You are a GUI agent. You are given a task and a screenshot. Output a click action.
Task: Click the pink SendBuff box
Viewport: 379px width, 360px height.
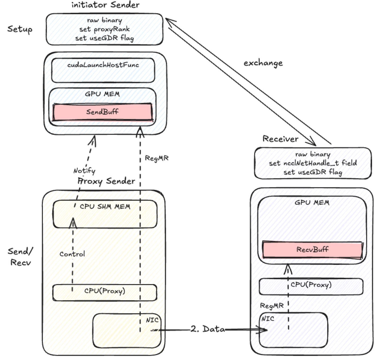click(x=102, y=112)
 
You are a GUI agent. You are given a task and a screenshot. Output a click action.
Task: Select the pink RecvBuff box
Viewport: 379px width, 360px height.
click(x=312, y=250)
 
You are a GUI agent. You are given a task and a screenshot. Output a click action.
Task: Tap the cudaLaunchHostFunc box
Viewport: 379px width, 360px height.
click(x=103, y=70)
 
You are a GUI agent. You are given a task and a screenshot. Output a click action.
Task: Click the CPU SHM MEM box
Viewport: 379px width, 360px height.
click(x=105, y=214)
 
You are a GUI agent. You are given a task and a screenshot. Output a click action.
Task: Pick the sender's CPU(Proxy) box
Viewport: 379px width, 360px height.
click(x=105, y=292)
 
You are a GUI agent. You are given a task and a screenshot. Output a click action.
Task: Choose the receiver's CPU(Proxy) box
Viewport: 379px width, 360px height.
click(x=311, y=286)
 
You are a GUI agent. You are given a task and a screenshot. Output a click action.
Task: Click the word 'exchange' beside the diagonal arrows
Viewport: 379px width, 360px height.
click(x=263, y=63)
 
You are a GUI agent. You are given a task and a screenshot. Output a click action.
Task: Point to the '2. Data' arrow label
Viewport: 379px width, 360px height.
click(x=208, y=329)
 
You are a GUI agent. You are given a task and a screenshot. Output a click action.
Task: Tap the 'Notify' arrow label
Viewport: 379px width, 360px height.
click(x=84, y=171)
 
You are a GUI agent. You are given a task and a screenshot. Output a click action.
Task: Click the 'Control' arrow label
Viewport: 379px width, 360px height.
click(x=72, y=254)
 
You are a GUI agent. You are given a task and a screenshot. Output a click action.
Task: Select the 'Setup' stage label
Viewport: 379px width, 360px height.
click(x=20, y=29)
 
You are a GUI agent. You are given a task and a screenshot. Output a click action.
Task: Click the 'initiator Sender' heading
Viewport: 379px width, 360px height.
click(x=105, y=5)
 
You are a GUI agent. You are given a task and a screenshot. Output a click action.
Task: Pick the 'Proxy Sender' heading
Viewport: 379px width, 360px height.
click(x=106, y=181)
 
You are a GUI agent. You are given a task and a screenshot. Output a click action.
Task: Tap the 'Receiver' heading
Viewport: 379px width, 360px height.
click(x=280, y=139)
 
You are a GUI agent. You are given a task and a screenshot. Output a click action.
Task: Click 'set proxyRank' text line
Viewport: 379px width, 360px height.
click(x=104, y=29)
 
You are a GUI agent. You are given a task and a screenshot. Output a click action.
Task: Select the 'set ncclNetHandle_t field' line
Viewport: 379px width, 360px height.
click(x=313, y=163)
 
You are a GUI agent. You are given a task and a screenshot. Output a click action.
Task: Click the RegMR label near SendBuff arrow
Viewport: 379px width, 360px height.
click(x=157, y=158)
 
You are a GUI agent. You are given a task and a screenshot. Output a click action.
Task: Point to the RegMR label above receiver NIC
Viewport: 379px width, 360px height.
click(x=272, y=306)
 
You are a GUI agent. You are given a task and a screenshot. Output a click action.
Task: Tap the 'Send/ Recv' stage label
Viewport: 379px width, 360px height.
click(x=20, y=257)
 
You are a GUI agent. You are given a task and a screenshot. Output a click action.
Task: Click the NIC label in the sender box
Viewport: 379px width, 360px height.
click(x=152, y=320)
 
